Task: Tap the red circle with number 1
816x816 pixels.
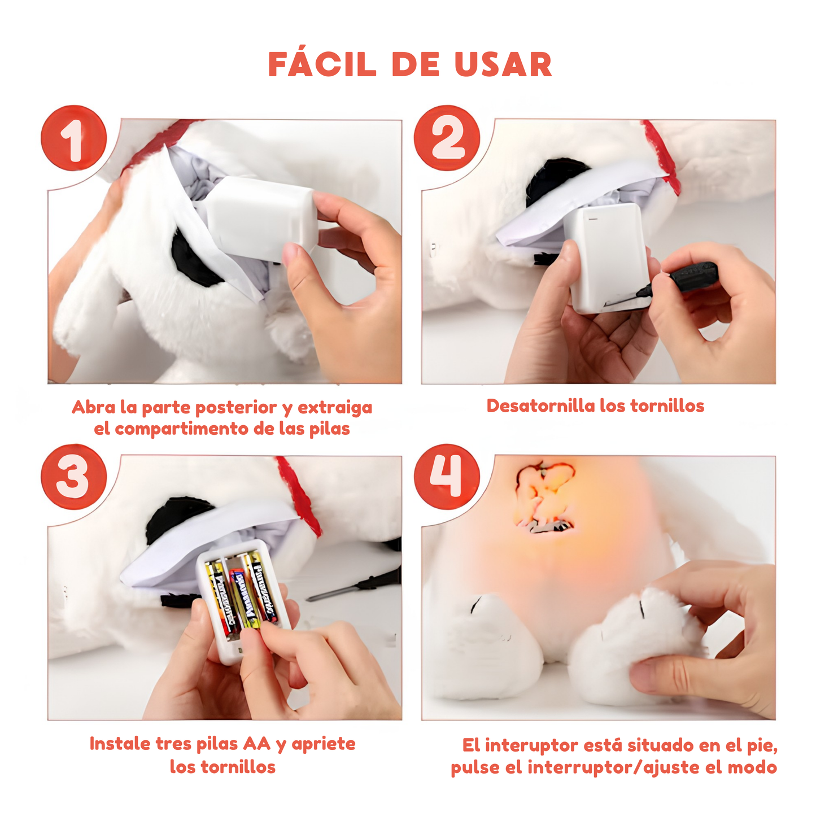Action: [73, 138]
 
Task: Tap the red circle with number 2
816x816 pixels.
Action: [447, 138]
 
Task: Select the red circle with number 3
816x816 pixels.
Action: [73, 477]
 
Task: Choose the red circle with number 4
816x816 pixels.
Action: [447, 477]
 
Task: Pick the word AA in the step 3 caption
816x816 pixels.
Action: [256, 744]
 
